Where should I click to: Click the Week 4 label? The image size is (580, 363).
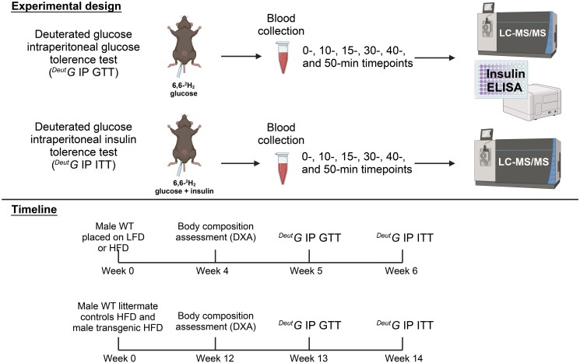click(216, 272)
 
